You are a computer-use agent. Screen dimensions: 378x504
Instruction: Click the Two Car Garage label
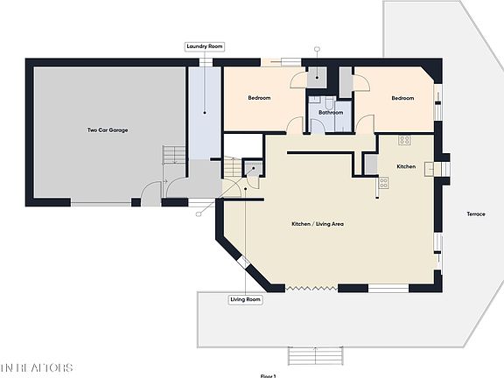click(107, 130)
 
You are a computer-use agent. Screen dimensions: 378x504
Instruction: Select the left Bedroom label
click(259, 98)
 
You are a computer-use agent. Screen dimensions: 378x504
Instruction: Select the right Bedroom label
click(402, 98)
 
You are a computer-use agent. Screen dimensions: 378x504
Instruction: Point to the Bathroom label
click(330, 113)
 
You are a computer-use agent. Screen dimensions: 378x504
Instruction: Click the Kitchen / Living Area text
click(317, 225)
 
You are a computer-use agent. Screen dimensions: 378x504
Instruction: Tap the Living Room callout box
click(246, 300)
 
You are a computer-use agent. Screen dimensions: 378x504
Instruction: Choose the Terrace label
click(475, 214)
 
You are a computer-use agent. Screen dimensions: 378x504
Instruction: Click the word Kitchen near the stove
click(406, 165)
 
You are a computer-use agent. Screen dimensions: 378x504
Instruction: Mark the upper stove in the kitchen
click(405, 140)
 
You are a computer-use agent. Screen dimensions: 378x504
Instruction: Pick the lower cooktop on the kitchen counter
click(383, 184)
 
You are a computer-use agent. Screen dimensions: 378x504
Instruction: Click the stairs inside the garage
click(175, 156)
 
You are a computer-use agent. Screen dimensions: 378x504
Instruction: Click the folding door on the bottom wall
click(311, 288)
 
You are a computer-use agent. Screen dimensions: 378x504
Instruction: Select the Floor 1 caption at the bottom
click(268, 375)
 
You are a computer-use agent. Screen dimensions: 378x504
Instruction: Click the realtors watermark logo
click(37, 367)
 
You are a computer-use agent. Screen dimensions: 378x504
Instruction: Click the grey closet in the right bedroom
click(346, 81)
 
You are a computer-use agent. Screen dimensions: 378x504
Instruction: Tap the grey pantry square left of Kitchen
click(370, 164)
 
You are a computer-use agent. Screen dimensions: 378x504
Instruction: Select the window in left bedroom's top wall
click(281, 62)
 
